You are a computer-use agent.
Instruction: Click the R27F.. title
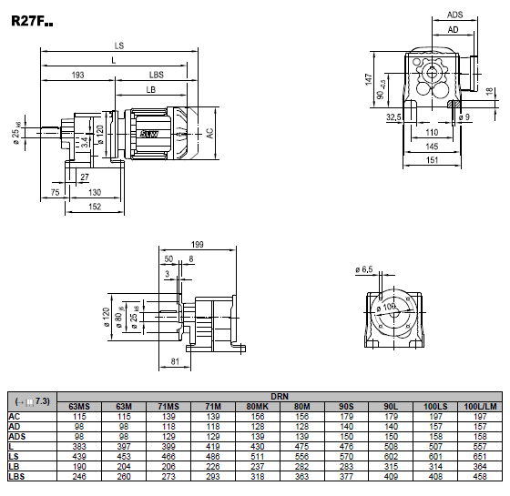click(x=32, y=21)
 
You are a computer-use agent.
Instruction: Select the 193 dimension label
click(x=77, y=75)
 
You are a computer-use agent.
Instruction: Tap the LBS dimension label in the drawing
click(x=157, y=75)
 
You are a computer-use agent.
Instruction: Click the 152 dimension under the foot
click(x=95, y=207)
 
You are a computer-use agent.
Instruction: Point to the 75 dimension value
click(x=55, y=192)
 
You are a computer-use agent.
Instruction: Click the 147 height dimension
click(x=369, y=80)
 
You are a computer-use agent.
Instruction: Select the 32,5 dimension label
click(x=393, y=117)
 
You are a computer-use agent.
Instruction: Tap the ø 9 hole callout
click(x=464, y=117)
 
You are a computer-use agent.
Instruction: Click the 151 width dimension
click(x=432, y=160)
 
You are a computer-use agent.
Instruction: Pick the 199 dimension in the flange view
click(x=198, y=245)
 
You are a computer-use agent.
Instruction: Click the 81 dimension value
click(x=175, y=361)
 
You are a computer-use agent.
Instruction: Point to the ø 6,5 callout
click(x=364, y=269)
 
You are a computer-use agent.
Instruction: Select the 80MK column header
click(x=257, y=407)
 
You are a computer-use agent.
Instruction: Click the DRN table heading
click(x=280, y=397)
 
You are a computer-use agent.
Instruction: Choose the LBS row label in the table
click(x=16, y=477)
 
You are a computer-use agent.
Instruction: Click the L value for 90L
click(x=391, y=447)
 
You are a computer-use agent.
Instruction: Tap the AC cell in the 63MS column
click(x=79, y=417)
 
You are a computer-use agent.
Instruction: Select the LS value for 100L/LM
click(x=480, y=457)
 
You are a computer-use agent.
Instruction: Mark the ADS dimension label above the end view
click(x=454, y=15)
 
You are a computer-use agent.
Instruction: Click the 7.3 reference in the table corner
click(x=43, y=401)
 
